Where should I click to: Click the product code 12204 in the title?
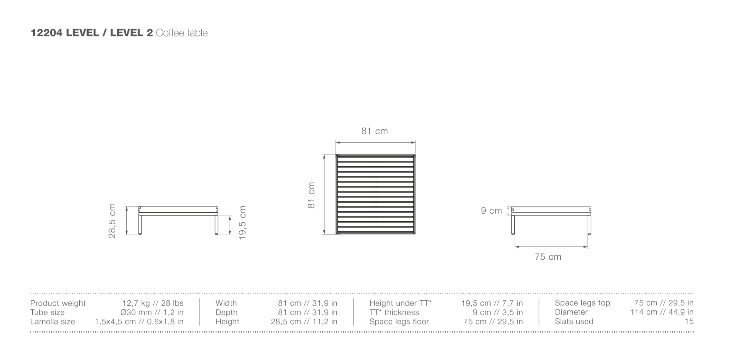[46, 33]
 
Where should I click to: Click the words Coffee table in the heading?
[182, 33]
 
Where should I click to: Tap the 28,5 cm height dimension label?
[112, 221]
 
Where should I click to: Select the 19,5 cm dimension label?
[242, 223]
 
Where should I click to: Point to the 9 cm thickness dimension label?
[491, 211]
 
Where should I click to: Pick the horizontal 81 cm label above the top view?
[375, 131]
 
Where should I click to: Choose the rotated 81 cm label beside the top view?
[311, 195]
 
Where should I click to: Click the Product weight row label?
[58, 303]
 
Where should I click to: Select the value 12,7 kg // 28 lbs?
[153, 303]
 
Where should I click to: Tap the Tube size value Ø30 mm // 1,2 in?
[152, 312]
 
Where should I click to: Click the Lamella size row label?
[52, 322]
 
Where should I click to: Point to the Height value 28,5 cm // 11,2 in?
[304, 322]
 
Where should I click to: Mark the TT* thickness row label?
[394, 312]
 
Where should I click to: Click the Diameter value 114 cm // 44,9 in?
[662, 312]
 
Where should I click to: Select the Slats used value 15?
[689, 321]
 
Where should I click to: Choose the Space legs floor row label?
[399, 322]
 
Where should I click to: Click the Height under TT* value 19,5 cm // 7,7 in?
[492, 303]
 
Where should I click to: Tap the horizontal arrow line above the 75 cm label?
[551, 247]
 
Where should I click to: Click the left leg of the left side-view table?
[140, 224]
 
